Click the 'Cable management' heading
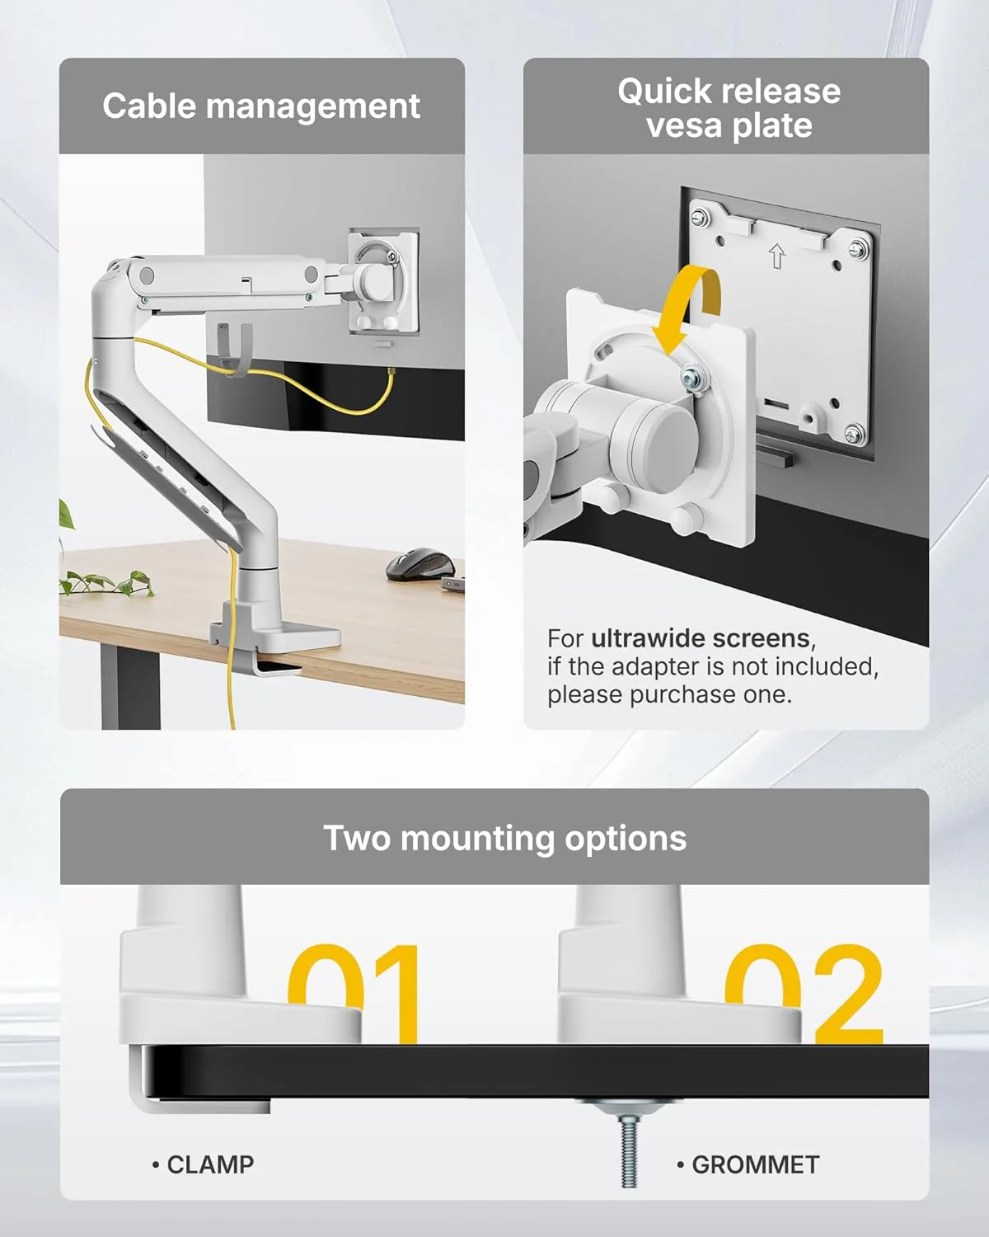[261, 106]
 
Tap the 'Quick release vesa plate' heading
[729, 108]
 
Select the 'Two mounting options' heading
[504, 838]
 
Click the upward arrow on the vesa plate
[776, 256]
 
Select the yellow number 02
[804, 994]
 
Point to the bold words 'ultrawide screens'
[701, 638]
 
